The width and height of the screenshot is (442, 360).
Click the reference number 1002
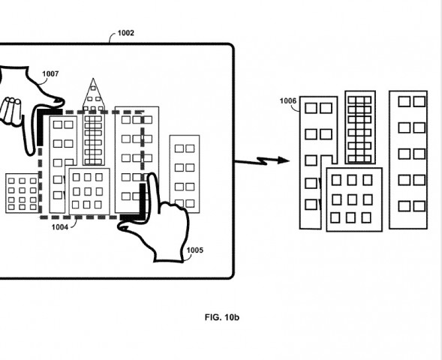tap(125, 34)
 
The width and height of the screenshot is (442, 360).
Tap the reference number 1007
tap(50, 74)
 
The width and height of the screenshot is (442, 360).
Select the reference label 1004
tap(59, 225)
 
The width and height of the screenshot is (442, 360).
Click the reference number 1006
tap(288, 100)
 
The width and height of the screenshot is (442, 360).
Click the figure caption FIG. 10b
tap(221, 317)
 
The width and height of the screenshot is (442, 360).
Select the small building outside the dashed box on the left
tap(22, 193)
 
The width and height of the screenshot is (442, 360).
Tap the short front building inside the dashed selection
tap(89, 190)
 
